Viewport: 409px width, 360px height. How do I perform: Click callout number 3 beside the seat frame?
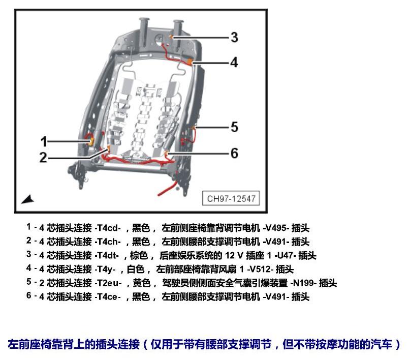tap(234, 37)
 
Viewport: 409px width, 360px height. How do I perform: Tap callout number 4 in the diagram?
tap(234, 63)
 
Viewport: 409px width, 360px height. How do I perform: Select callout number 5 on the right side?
tap(234, 127)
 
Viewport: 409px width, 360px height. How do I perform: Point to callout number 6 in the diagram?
tap(234, 153)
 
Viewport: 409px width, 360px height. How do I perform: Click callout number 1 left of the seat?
tap(44, 141)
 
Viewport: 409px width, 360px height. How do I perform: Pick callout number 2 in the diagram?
tap(43, 158)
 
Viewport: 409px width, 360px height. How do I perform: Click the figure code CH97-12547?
tap(231, 199)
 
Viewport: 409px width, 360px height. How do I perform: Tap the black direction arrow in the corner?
tap(27, 199)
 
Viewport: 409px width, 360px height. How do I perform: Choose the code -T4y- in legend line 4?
tap(105, 269)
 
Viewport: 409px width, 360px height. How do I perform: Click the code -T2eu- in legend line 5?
tap(108, 283)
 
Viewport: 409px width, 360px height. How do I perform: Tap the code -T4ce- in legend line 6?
tap(108, 297)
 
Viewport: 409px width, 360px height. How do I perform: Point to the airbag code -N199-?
tap(304, 283)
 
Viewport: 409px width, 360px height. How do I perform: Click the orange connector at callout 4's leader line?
tap(190, 62)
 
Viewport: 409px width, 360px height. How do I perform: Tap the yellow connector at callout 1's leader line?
tap(91, 142)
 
